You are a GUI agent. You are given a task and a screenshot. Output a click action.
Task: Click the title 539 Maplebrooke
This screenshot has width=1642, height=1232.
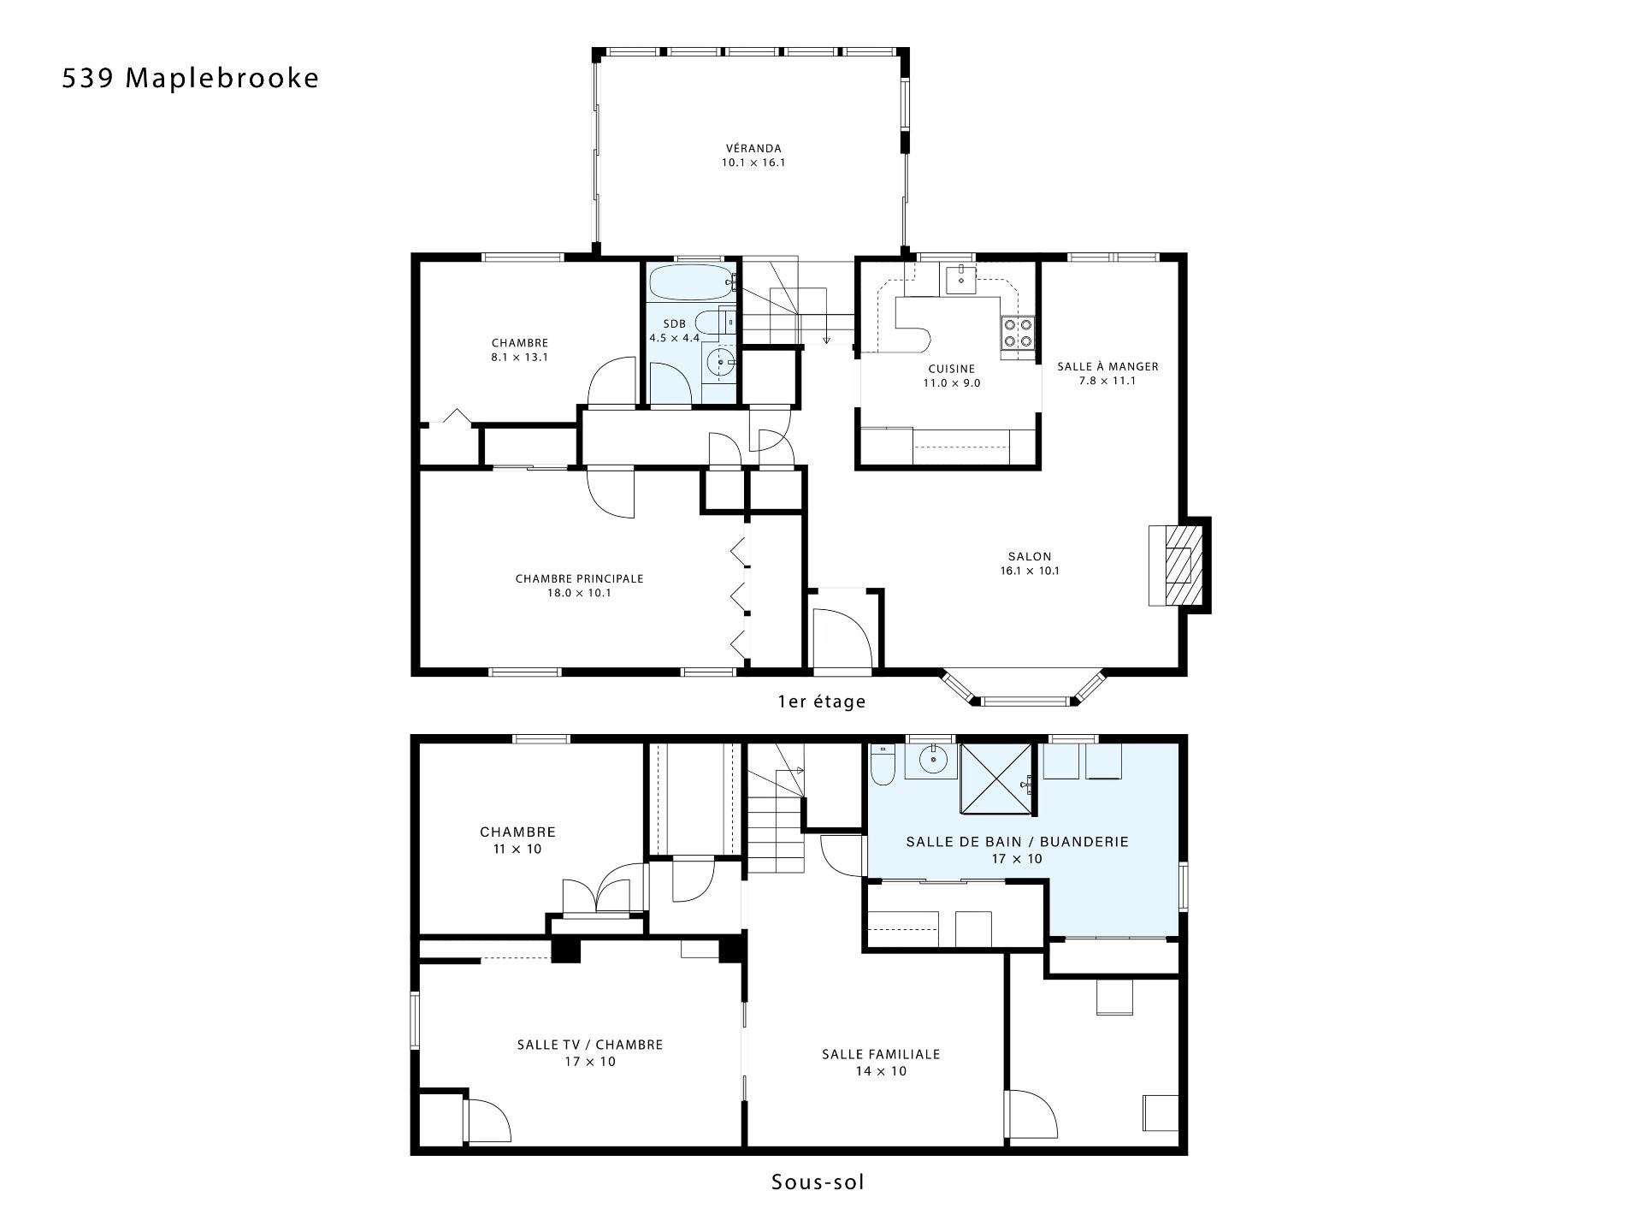190,78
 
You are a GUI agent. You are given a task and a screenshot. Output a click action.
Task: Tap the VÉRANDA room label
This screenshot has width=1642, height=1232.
753,148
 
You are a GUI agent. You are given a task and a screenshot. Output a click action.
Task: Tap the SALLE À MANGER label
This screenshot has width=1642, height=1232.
1107,366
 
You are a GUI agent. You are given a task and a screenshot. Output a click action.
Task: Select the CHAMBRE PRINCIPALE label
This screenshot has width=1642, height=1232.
579,578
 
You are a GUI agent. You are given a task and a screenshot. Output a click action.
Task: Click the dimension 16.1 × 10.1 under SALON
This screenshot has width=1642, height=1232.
1030,571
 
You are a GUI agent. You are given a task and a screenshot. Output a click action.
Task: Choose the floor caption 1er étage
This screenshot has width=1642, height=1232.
821,702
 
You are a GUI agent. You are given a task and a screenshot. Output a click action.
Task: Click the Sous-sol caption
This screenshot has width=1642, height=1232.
818,1182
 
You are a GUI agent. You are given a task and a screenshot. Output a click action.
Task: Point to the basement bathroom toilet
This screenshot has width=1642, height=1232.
883,764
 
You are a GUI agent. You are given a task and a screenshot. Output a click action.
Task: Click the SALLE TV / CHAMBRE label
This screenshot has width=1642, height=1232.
590,1045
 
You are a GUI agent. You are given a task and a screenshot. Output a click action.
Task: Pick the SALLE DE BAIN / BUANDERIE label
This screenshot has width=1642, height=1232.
1018,842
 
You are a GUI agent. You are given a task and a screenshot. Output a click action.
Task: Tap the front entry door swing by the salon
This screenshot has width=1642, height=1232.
842,637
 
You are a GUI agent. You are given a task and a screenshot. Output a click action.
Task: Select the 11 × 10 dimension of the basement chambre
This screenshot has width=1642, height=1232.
517,849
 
